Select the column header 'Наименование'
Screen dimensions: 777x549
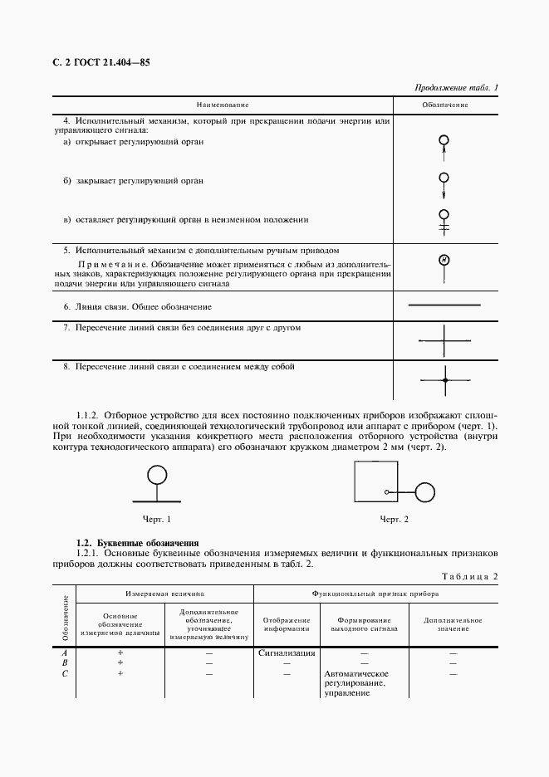[223, 105]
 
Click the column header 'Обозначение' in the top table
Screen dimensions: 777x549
[445, 105]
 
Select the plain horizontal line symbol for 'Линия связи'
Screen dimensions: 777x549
[445, 305]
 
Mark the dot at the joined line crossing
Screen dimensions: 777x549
[445, 379]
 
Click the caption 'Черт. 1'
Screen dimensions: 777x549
[156, 519]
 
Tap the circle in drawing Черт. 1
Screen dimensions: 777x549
[156, 475]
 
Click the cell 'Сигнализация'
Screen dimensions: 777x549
[287, 652]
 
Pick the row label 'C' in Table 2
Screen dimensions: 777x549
[65, 673]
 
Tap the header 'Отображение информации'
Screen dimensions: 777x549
[287, 624]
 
